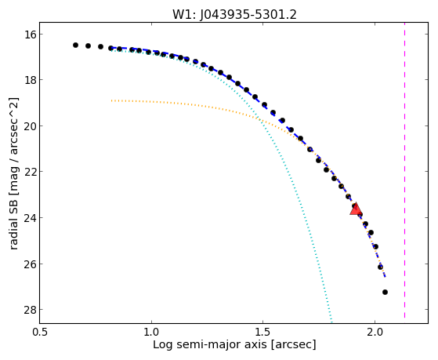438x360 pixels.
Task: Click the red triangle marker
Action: (x=356, y=209)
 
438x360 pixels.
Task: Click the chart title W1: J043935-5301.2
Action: (x=234, y=15)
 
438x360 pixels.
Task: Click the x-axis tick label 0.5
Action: (x=40, y=332)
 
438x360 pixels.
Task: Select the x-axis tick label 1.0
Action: (x=151, y=332)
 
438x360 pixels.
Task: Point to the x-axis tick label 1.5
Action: (x=262, y=332)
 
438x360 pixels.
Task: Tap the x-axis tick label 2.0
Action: (x=375, y=332)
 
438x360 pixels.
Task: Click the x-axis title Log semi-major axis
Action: (x=209, y=344)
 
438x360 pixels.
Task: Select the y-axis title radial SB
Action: (x=13, y=222)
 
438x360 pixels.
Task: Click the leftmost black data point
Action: (x=75, y=45)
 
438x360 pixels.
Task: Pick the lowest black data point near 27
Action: (x=385, y=292)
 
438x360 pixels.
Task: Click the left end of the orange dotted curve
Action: (x=111, y=100)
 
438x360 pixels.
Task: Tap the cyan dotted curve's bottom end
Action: (x=331, y=322)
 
